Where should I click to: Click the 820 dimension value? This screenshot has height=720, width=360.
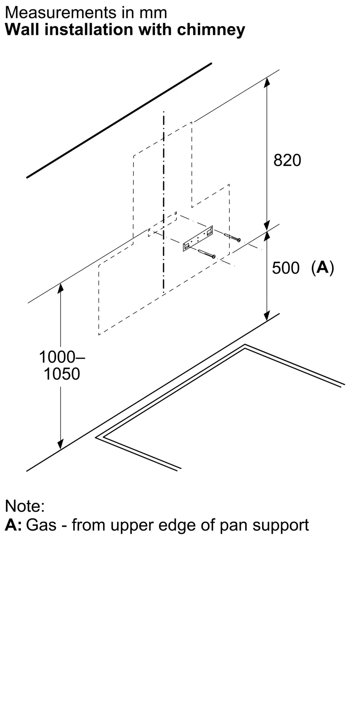287,160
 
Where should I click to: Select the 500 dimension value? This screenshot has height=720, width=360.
285,268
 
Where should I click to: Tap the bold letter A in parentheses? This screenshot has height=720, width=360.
323,267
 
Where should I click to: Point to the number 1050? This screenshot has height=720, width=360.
62,374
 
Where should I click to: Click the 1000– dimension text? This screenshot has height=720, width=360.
62,357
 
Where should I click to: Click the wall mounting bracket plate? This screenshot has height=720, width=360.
198,238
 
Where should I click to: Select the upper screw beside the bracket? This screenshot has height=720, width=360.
232,238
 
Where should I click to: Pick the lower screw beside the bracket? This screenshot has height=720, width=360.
207,254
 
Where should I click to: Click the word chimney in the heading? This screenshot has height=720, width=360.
211,30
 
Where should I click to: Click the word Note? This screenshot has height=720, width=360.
25,506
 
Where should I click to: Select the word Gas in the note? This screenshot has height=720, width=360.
41,525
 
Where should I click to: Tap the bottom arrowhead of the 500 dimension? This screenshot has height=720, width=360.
267,316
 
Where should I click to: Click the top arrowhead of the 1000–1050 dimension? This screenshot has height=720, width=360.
60,288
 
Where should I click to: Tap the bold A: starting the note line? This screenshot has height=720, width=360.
13,525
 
